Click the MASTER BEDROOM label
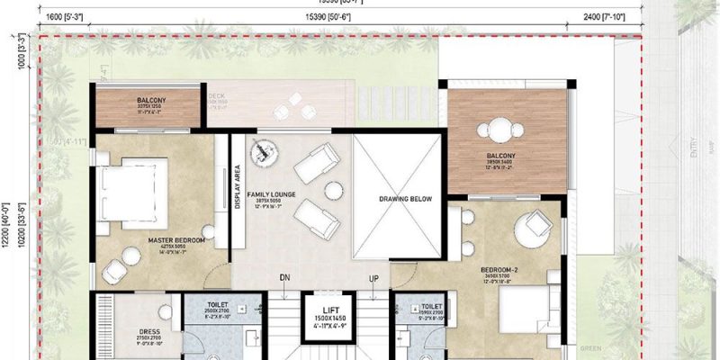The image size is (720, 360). point(176,241)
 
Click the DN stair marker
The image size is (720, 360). point(285,277)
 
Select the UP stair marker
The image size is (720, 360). point(373,277)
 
